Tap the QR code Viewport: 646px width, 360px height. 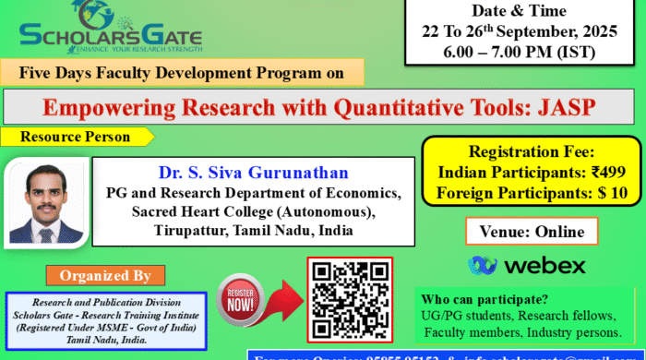click(x=348, y=298)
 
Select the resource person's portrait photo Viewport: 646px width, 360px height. click(x=46, y=205)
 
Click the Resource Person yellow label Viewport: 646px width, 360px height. click(x=78, y=137)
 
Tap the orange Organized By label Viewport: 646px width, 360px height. click(x=105, y=275)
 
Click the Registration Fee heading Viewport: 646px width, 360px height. click(x=529, y=151)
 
